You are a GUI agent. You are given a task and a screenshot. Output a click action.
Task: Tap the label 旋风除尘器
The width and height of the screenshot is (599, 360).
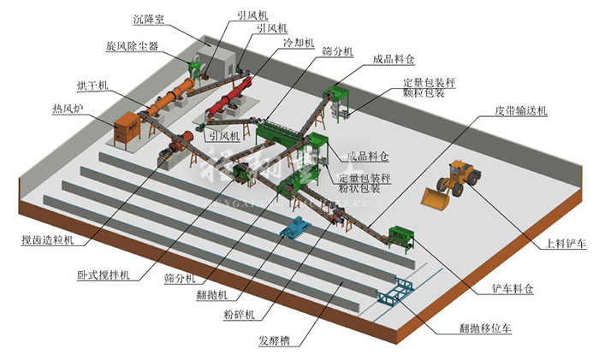pyautogui.click(x=133, y=44)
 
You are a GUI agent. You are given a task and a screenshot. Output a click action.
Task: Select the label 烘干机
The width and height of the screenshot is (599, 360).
pyautogui.click(x=92, y=86)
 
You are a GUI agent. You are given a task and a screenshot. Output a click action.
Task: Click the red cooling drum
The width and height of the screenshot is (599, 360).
pyautogui.click(x=225, y=99)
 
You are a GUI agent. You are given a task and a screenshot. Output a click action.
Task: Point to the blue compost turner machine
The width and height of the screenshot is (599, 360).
pyautogui.click(x=295, y=227)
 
